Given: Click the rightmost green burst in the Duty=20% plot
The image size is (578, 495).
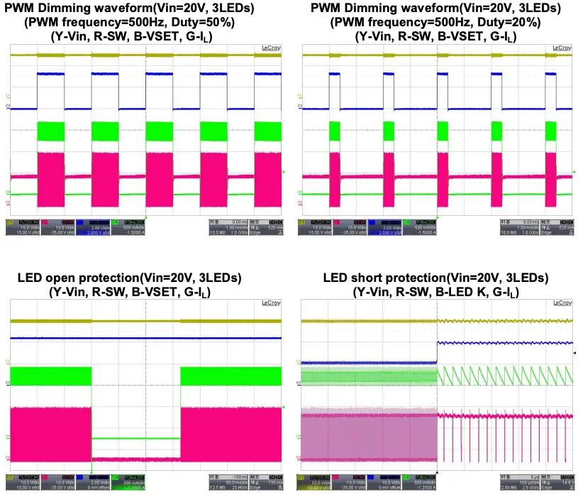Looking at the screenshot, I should (x=551, y=132).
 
